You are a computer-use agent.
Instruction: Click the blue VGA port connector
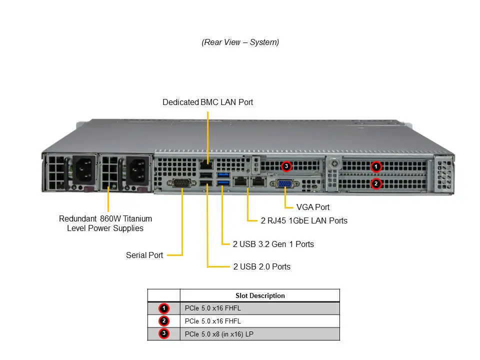coord(284,184)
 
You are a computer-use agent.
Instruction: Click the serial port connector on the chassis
coord(182,183)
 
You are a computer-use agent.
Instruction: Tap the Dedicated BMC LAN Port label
coord(207,102)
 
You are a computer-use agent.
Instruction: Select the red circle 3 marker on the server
coord(286,165)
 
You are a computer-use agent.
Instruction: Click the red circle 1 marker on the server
coord(376,166)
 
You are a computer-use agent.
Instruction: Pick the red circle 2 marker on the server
coord(376,184)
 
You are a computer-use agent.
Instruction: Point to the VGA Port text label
coord(313,207)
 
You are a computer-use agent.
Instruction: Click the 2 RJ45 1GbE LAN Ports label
coord(304,220)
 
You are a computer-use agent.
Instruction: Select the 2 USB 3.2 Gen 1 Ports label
coord(273,244)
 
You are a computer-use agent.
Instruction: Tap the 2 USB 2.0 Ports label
coord(261,266)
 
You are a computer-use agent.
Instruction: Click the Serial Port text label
coord(144,255)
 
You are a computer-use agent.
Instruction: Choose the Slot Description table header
coord(260,295)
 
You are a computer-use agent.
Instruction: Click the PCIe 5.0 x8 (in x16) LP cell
coord(219,334)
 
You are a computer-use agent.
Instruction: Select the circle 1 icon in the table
coord(164,308)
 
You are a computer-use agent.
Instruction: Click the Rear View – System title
coord(240,42)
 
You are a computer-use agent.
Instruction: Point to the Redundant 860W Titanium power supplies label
coord(105,223)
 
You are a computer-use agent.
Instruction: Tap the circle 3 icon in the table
coord(164,334)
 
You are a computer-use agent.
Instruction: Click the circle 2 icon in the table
coord(164,321)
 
